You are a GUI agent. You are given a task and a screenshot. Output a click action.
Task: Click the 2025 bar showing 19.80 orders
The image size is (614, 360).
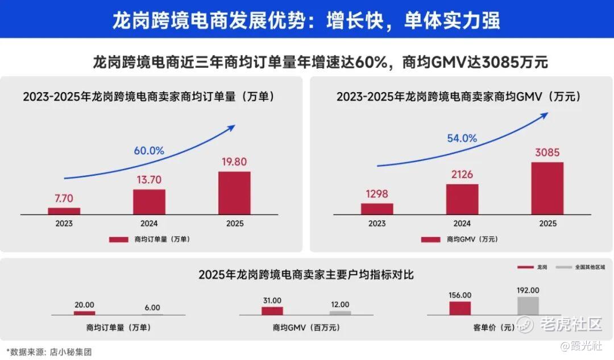[x=234, y=193]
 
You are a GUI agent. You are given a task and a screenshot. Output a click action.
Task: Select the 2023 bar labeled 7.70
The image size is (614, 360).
[x=64, y=211]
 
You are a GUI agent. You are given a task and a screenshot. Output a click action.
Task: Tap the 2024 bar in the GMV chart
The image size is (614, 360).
[x=462, y=199]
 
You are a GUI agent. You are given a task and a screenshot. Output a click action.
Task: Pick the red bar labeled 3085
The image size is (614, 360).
[x=547, y=188]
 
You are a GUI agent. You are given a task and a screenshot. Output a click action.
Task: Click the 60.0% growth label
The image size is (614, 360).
[x=149, y=151]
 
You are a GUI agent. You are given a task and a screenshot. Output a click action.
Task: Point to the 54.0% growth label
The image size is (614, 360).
[x=462, y=138]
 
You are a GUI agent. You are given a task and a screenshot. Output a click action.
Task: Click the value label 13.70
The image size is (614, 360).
[x=149, y=180]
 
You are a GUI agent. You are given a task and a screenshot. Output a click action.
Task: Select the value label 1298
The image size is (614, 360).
[x=377, y=194]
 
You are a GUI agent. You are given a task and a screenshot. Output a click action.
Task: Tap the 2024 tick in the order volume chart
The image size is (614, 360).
[x=149, y=224]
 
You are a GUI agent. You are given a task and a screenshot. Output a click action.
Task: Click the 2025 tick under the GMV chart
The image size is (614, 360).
[x=547, y=224]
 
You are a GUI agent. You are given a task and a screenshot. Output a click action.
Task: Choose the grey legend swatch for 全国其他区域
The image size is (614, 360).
[x=563, y=267]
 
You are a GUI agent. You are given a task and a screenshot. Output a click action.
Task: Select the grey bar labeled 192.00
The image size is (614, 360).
[x=528, y=306]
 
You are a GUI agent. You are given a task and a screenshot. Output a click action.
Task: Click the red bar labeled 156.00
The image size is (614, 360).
[x=460, y=308]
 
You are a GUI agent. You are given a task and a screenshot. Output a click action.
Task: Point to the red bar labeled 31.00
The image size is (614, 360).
[x=272, y=311]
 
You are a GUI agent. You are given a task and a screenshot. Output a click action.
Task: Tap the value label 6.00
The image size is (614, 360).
[x=152, y=308]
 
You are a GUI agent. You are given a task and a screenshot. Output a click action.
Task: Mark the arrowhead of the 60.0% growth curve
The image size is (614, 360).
[x=231, y=126]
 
